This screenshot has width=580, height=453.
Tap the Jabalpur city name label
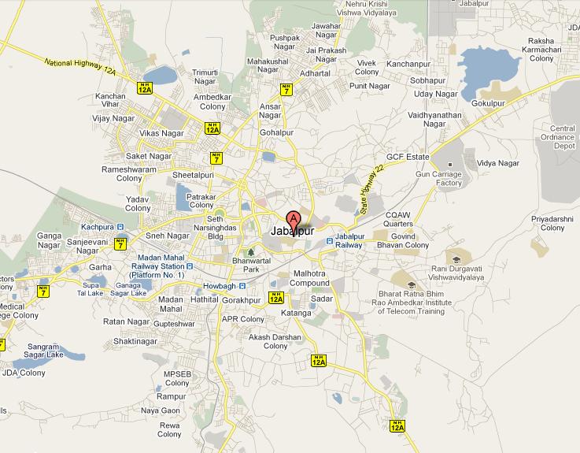pos(292,232)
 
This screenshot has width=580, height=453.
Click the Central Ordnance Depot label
pos(563,137)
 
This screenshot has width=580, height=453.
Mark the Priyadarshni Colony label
pos(552,223)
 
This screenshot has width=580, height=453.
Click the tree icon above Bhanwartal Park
pos(250,251)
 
